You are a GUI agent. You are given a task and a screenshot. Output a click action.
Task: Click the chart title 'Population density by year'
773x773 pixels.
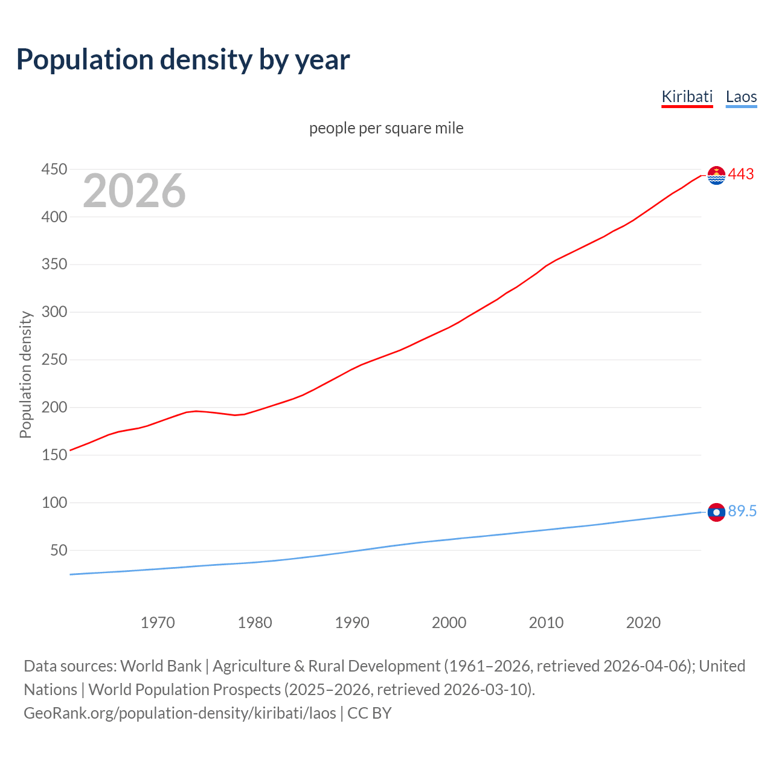click(x=183, y=60)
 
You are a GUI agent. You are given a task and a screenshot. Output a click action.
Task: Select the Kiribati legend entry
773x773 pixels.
click(x=687, y=97)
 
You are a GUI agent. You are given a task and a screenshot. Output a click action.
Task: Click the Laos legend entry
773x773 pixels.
click(x=741, y=97)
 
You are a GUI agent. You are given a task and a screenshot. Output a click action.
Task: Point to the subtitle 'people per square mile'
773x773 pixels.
click(x=386, y=129)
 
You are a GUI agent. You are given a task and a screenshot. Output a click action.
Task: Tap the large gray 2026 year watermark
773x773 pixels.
click(x=134, y=191)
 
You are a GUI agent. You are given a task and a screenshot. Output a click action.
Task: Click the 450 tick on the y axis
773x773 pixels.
click(x=54, y=170)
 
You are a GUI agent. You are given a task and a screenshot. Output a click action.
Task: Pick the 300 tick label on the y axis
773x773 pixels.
click(x=54, y=312)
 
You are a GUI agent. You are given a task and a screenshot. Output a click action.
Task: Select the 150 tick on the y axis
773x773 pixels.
click(x=54, y=455)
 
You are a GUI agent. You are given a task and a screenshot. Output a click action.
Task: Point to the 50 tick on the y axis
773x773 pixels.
click(x=59, y=550)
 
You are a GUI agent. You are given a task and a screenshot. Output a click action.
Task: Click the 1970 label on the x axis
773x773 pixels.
click(x=158, y=623)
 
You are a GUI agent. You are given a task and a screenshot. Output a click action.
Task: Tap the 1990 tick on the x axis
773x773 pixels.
click(x=352, y=623)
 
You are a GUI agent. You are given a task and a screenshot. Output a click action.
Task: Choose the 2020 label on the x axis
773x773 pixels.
click(x=643, y=623)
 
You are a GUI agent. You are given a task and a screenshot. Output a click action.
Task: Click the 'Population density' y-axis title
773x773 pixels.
click(x=25, y=374)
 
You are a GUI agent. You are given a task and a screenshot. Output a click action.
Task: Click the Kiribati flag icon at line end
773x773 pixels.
click(x=716, y=175)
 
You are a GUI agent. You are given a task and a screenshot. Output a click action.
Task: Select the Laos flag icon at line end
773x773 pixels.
click(x=716, y=512)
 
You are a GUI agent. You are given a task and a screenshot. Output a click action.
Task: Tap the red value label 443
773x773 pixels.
click(x=741, y=175)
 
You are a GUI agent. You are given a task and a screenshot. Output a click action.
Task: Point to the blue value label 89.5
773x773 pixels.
click(x=742, y=512)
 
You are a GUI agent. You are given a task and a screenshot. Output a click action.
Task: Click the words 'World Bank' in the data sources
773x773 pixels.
click(x=161, y=666)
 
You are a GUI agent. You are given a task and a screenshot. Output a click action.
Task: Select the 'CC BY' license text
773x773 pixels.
click(x=370, y=713)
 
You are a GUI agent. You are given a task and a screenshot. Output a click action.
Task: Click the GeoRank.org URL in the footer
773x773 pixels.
click(x=180, y=713)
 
